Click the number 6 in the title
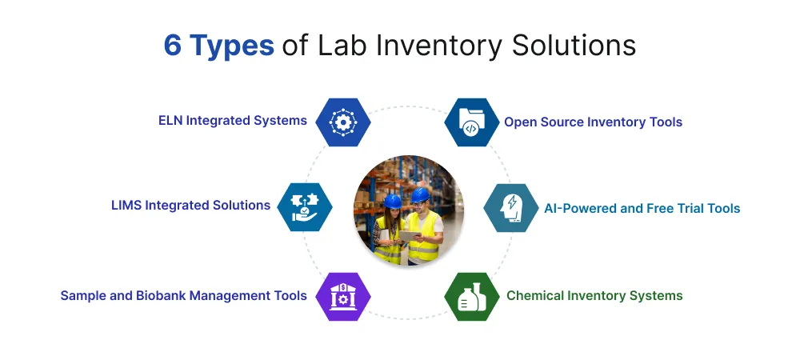[x=173, y=46]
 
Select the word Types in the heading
[x=232, y=46]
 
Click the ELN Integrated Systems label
[x=232, y=121]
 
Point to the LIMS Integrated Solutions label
[x=190, y=206]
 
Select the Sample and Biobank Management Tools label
[x=183, y=296]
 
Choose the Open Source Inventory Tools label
[x=593, y=122]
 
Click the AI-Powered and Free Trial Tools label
[x=642, y=209]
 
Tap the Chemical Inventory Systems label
[x=594, y=296]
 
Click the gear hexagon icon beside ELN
[x=343, y=122]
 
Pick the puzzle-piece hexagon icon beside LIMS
[x=305, y=206]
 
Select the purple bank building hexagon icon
[x=343, y=296]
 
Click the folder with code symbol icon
[x=471, y=122]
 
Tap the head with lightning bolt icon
[x=510, y=208]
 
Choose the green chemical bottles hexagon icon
[x=471, y=297]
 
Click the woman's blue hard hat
[x=392, y=202]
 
